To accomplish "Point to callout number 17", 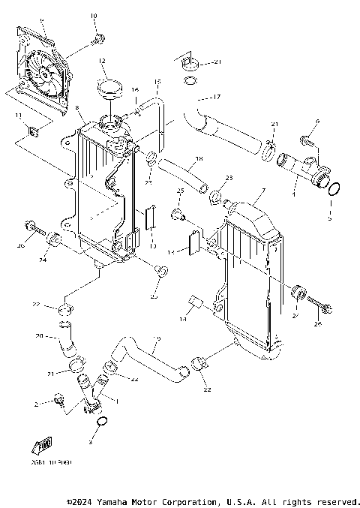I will [x=216, y=97].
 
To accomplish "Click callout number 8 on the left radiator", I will [x=78, y=109].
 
